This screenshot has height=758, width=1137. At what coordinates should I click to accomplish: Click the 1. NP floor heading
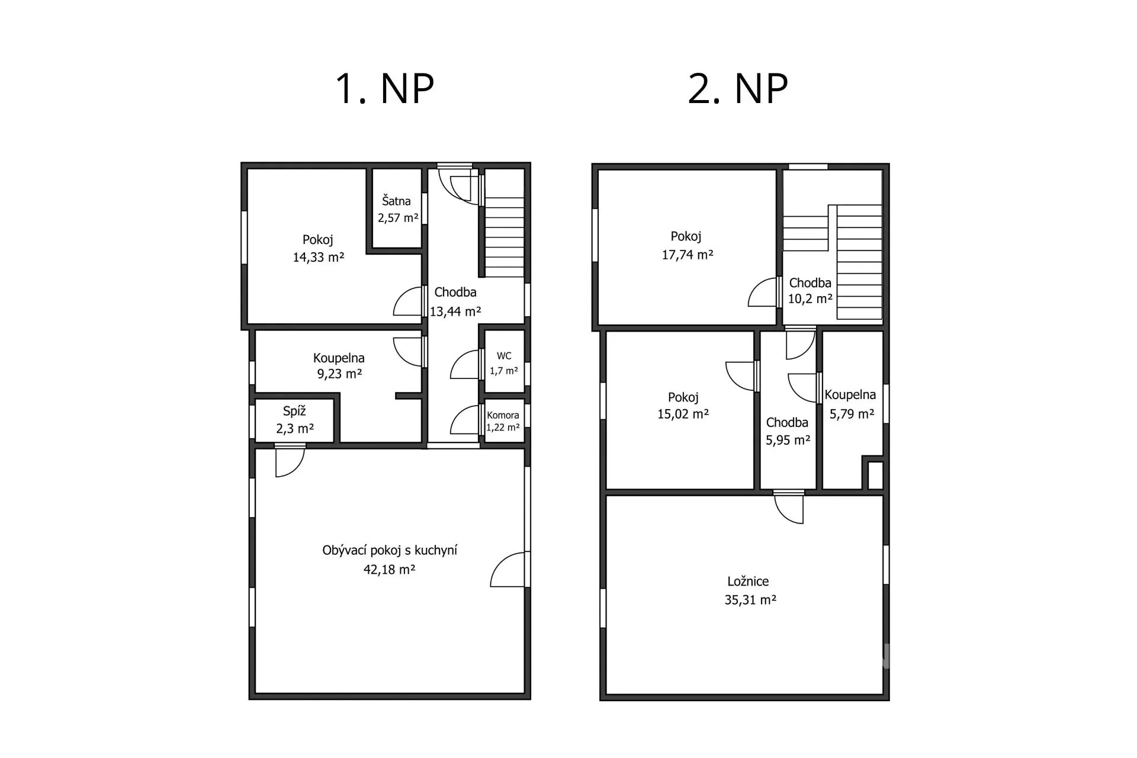pos(385,89)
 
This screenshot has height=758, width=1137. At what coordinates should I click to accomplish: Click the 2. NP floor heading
pos(738,89)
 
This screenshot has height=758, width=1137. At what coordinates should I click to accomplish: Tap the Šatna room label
pos(396,201)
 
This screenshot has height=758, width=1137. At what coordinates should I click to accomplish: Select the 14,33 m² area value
pos(319,257)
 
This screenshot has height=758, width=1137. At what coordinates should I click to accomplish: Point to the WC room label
pos(504,356)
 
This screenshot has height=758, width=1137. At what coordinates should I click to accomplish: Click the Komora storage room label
pos(503,415)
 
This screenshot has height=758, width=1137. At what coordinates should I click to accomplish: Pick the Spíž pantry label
pos(294,411)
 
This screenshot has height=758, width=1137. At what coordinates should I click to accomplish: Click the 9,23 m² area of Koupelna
pos(339,374)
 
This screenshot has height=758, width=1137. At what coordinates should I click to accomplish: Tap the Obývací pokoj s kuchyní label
pos(390,550)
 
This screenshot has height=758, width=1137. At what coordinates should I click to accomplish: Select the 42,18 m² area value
pos(389,570)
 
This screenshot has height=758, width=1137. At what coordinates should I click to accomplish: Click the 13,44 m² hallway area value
pos(455,311)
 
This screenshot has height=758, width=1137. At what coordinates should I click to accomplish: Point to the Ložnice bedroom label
pos(748,582)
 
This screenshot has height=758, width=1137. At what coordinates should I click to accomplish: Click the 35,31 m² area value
pos(750,600)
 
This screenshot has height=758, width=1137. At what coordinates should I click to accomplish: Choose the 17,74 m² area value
pos(688,255)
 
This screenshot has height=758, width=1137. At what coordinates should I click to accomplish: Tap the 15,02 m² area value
pos(683,414)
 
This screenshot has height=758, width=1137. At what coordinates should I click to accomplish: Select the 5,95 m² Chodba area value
pos(788,440)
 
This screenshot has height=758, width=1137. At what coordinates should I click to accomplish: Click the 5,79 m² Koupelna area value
pos(852,414)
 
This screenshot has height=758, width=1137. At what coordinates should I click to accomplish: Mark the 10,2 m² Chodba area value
pos(810,298)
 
